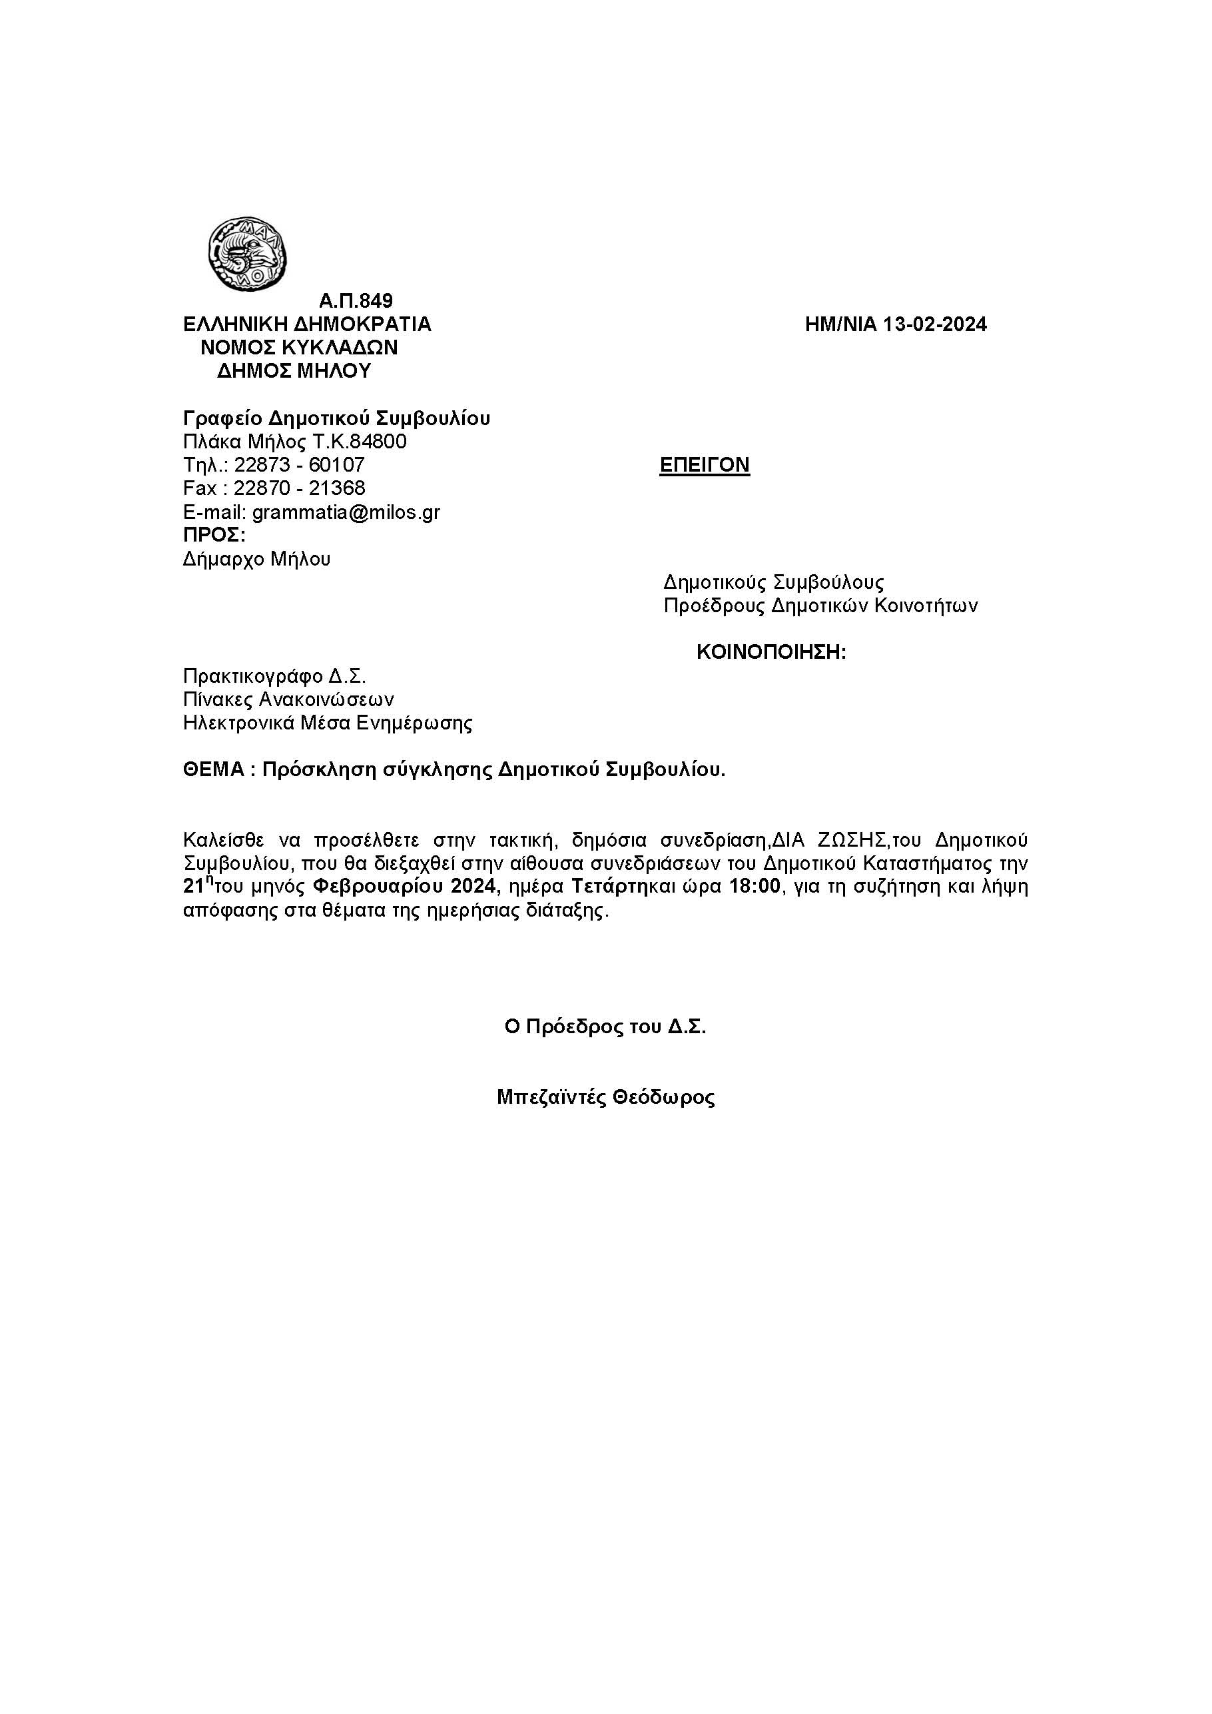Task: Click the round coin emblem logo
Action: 247,254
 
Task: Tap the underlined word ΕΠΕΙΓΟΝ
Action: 705,465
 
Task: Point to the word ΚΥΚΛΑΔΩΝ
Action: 340,348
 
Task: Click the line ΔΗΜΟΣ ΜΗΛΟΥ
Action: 294,371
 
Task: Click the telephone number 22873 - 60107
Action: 299,465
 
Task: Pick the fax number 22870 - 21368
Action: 299,488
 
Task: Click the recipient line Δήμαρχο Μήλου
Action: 257,559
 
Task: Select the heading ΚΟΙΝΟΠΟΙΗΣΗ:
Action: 771,652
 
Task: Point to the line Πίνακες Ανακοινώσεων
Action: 289,699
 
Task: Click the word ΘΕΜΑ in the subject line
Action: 212,771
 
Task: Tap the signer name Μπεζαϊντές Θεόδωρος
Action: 605,1097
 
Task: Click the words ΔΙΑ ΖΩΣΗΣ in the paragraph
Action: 829,841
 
